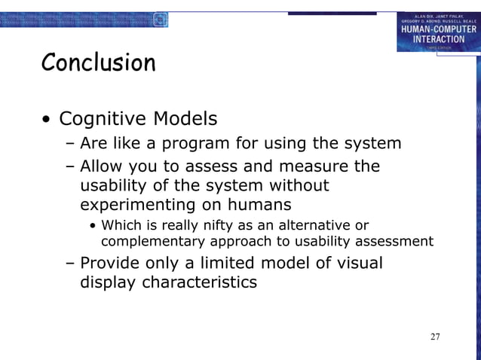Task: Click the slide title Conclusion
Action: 99,63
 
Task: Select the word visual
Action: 354,263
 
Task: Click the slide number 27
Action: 435,336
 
